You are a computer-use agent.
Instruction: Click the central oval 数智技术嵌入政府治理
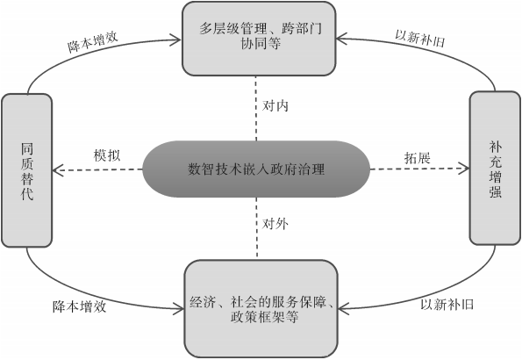click(256, 169)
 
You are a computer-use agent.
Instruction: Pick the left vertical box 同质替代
click(26, 169)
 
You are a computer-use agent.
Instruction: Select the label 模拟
click(107, 155)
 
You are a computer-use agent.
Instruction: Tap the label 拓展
click(417, 155)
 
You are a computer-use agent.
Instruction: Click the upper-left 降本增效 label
click(93, 44)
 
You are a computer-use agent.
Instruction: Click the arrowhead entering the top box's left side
click(178, 37)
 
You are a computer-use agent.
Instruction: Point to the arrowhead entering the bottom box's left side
click(178, 308)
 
